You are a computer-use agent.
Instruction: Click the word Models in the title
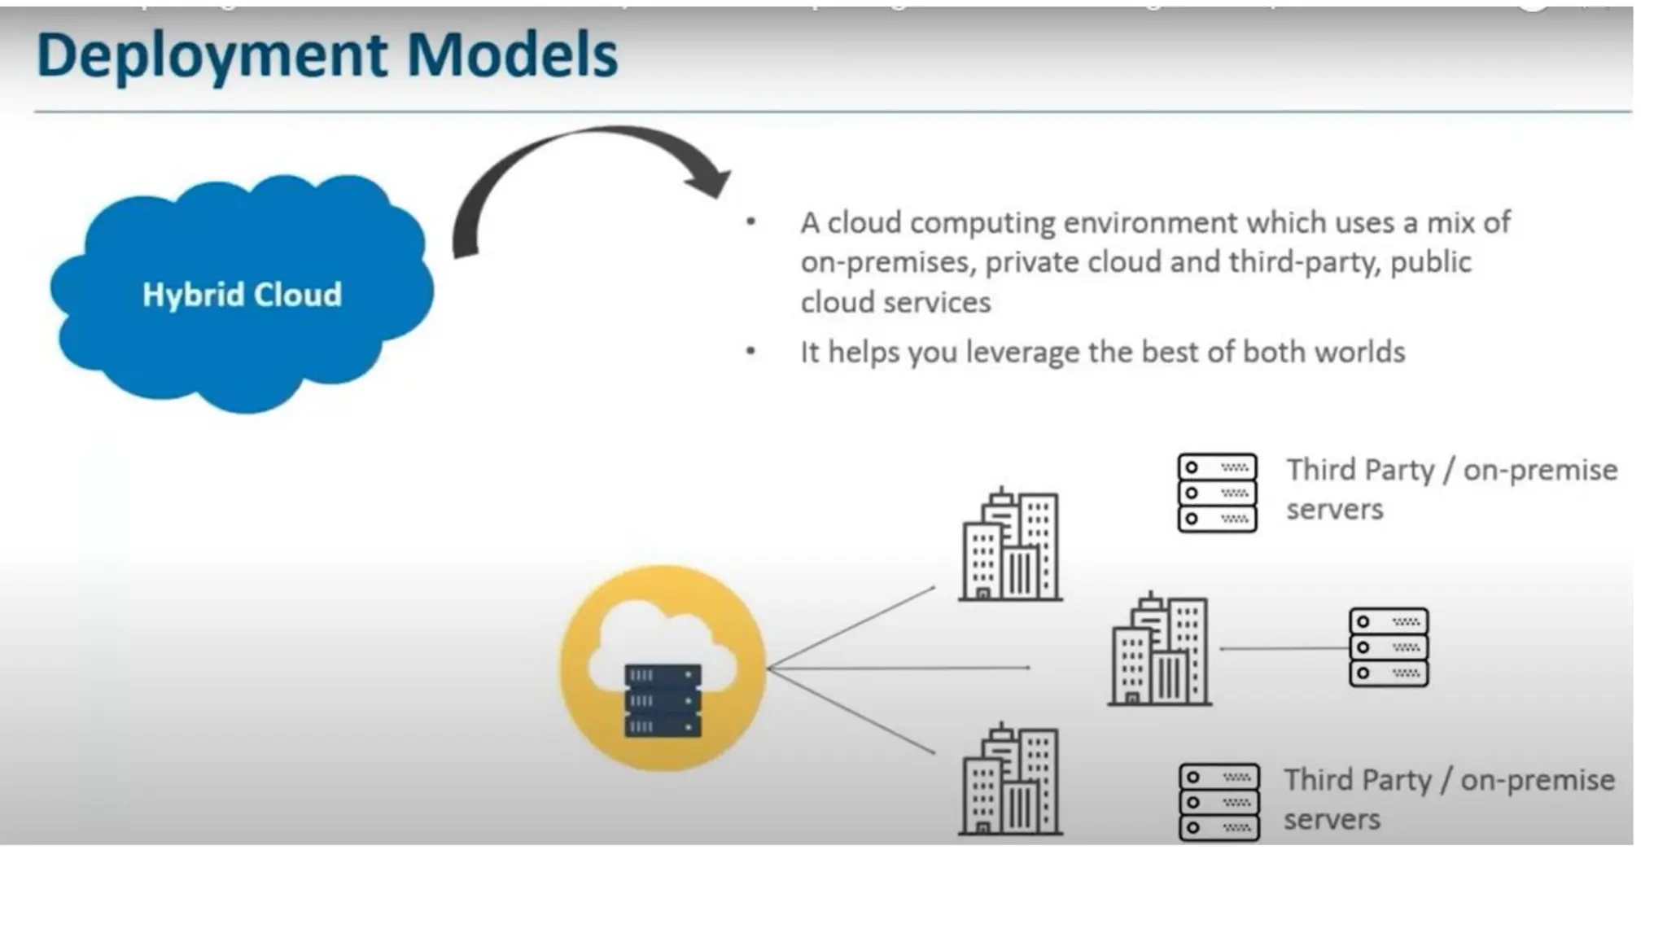coord(512,55)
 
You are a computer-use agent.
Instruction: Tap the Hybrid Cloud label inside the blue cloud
coord(242,295)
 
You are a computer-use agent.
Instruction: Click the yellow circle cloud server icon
coord(663,668)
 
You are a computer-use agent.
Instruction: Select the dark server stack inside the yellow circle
coord(663,701)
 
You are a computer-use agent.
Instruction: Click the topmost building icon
coord(1010,545)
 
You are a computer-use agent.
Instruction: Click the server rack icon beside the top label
coord(1217,493)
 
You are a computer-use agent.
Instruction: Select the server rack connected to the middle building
coord(1388,647)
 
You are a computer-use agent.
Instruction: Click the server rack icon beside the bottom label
coord(1219,802)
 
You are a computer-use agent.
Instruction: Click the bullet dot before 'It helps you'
coord(750,351)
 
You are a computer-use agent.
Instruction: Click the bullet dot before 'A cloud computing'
coord(750,221)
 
